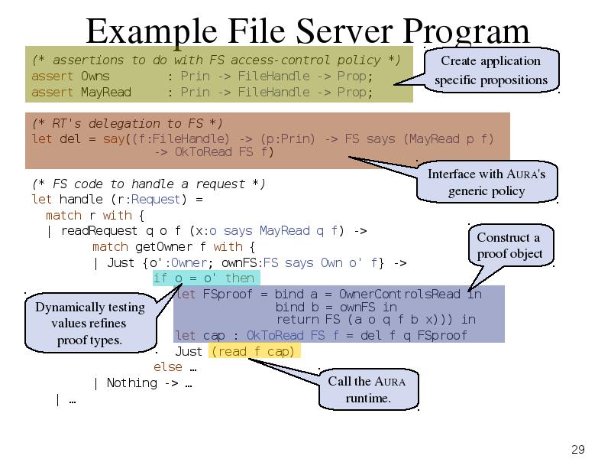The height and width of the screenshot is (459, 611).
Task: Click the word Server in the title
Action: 344,31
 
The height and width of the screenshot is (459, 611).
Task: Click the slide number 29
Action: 578,449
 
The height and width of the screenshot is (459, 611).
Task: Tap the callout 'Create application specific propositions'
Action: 491,70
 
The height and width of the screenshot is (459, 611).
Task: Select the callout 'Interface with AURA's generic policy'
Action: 487,182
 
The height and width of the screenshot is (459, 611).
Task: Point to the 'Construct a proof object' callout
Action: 510,245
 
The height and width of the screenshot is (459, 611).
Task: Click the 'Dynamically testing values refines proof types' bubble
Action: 90,323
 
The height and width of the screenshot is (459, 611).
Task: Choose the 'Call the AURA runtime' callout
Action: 368,389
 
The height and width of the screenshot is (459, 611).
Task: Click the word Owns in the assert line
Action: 95,76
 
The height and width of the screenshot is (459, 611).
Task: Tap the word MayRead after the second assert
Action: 106,92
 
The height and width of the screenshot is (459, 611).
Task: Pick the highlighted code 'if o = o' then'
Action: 205,278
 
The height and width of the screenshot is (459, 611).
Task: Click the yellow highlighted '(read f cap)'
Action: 254,351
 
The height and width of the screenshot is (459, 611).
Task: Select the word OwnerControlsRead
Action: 399,294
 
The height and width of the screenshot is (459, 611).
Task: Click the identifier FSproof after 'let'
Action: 228,294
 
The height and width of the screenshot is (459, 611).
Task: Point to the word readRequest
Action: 99,231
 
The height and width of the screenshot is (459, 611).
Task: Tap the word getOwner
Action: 163,246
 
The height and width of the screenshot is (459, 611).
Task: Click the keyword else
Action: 167,366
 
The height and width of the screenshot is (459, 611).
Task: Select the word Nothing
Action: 132,383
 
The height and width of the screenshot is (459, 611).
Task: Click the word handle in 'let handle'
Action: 81,199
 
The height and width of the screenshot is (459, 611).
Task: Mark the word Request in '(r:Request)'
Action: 156,200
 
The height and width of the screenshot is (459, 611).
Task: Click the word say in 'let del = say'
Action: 114,139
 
